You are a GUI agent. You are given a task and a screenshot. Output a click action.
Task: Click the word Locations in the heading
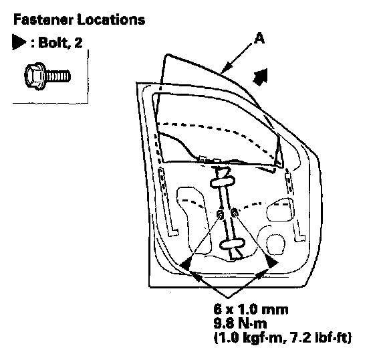[111, 19]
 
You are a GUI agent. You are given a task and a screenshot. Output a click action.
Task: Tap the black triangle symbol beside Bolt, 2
[19, 42]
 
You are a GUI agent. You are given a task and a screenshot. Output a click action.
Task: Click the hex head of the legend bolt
[35, 76]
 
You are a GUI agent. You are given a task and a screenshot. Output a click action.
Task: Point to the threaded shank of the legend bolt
[57, 76]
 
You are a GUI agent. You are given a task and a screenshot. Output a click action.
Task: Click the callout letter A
[259, 38]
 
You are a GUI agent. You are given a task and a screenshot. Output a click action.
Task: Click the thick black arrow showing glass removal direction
[261, 77]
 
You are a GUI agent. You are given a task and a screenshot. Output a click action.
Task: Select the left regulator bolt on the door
[221, 214]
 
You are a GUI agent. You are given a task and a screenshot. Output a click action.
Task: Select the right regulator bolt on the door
[235, 212]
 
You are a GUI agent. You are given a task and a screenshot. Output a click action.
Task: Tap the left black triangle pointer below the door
[186, 264]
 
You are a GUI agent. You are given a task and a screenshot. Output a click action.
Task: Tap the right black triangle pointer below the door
[272, 263]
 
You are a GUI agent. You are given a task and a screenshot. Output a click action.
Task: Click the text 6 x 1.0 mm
[251, 309]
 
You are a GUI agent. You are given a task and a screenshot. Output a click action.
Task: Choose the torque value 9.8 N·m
[240, 324]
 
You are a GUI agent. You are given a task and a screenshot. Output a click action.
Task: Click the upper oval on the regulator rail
[223, 182]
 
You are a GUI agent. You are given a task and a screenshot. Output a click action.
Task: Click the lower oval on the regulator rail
[232, 244]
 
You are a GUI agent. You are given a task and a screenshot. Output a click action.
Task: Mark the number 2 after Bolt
[78, 43]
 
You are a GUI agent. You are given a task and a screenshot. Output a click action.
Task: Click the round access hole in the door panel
[275, 244]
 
